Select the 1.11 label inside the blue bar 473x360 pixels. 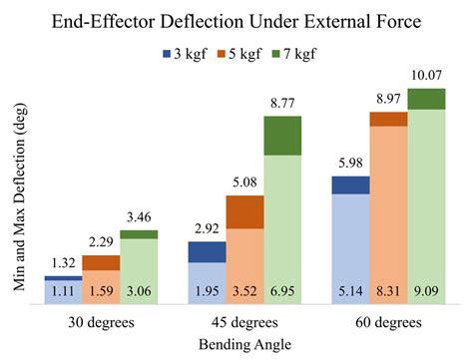pyautogui.click(x=62, y=293)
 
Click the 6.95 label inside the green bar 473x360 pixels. pyautogui.click(x=282, y=293)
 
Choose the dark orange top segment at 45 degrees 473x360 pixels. pyautogui.click(x=244, y=211)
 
